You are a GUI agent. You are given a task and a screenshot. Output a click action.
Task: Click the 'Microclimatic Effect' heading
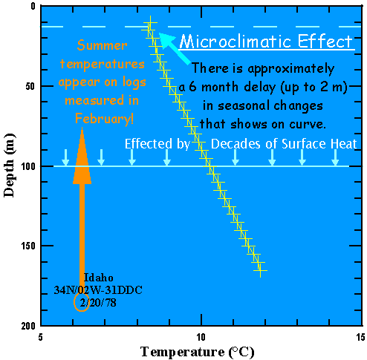(x=266, y=42)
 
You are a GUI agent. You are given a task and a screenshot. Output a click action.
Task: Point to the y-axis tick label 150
(x=27, y=246)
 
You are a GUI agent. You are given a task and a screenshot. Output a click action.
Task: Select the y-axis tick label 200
(x=27, y=327)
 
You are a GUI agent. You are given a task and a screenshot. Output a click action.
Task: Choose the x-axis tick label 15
(x=360, y=336)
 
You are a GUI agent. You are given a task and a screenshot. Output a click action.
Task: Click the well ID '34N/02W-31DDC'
(x=100, y=289)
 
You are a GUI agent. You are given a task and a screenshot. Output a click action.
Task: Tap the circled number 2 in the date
(x=81, y=302)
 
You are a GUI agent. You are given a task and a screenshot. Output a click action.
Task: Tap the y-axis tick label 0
(x=33, y=7)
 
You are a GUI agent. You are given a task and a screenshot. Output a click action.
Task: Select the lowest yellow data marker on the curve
(x=260, y=271)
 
